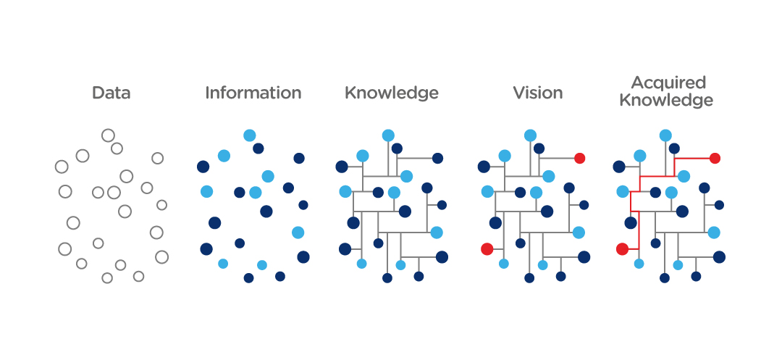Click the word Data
click(112, 93)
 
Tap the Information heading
click(253, 93)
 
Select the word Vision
click(537, 93)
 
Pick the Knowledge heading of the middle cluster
click(391, 93)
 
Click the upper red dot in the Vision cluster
click(579, 158)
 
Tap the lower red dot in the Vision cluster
click(487, 249)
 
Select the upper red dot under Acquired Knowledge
click(715, 158)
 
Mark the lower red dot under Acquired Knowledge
click(622, 249)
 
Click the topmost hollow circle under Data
click(108, 135)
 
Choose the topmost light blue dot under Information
click(250, 135)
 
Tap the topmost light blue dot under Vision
click(530, 135)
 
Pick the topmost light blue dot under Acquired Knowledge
click(665, 135)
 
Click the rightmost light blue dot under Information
click(298, 233)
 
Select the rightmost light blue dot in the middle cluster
click(437, 233)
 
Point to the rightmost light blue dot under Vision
click(579, 233)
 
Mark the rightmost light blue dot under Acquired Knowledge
click(714, 233)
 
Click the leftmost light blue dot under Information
click(206, 192)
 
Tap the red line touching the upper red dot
click(695, 158)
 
